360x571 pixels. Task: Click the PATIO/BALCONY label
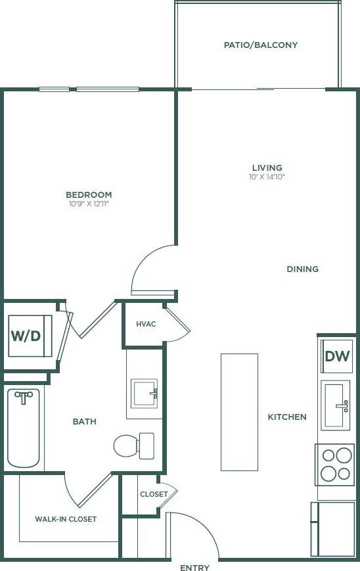(261, 45)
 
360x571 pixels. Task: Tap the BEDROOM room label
(89, 194)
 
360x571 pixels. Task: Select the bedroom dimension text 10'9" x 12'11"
(89, 204)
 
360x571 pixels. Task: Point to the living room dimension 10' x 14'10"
(267, 177)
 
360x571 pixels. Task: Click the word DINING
(302, 269)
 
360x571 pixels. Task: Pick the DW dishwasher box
(337, 356)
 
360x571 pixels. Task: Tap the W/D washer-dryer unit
(26, 335)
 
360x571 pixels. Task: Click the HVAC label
(146, 324)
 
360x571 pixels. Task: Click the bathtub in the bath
(24, 427)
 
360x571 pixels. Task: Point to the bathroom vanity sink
(144, 393)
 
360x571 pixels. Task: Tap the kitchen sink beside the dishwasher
(336, 405)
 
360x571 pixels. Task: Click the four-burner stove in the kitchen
(335, 464)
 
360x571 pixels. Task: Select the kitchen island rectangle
(239, 412)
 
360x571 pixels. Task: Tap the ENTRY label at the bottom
(194, 567)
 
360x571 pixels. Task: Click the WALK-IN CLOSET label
(66, 519)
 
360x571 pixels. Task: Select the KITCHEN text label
(286, 417)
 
